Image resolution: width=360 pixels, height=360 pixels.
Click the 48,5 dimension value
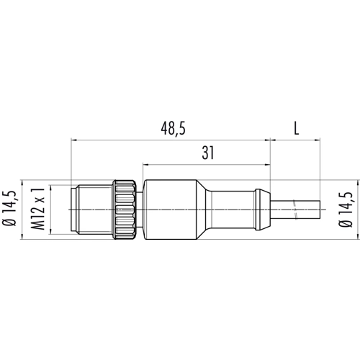pos(174,130)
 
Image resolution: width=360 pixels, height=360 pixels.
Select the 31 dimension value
pos(208,153)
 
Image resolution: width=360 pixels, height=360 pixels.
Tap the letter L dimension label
pos(297,130)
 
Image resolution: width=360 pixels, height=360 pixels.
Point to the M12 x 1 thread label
pos(38,210)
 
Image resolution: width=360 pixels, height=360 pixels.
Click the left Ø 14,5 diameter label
pos(10,209)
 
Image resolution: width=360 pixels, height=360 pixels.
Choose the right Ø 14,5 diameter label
pos(346,210)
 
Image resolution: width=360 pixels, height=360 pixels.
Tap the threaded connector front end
pos(93,210)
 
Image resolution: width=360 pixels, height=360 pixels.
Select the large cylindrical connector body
pos(170,210)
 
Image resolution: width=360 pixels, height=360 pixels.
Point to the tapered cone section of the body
pos(203,210)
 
